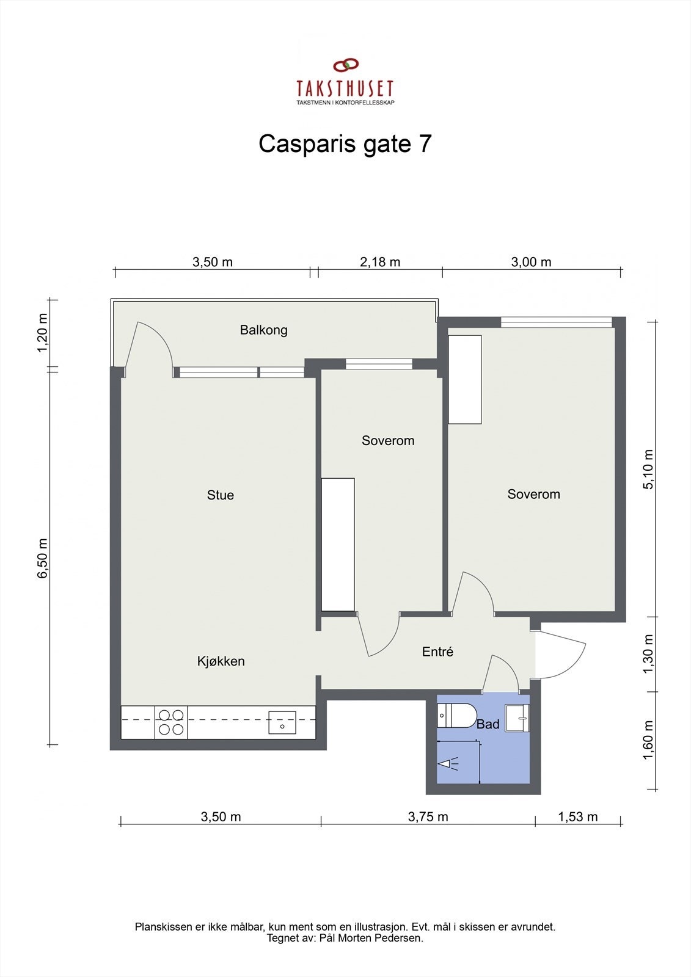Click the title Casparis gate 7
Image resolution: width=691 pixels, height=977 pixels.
pos(345,144)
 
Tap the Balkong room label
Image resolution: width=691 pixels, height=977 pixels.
pos(263,330)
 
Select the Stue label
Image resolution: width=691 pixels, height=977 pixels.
pos(220,495)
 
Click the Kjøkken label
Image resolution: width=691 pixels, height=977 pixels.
pos(221,661)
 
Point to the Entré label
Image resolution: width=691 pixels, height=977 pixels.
pos(437,652)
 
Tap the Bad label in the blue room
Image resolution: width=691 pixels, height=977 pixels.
pos(488,724)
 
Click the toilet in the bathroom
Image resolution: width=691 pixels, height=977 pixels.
pos(457,715)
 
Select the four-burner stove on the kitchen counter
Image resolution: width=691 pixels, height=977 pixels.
pos(171,722)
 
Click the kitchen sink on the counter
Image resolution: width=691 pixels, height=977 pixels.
pos(282,722)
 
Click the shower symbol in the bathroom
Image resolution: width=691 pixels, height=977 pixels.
pos(450,763)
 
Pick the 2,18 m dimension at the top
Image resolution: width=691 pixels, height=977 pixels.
pos(380,262)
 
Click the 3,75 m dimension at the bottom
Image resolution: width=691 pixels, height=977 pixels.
pos(428,817)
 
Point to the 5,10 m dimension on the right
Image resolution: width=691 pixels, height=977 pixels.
pos(649,469)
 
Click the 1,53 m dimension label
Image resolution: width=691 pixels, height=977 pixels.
pos(577,817)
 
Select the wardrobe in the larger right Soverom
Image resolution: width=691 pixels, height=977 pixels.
pos(465,379)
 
